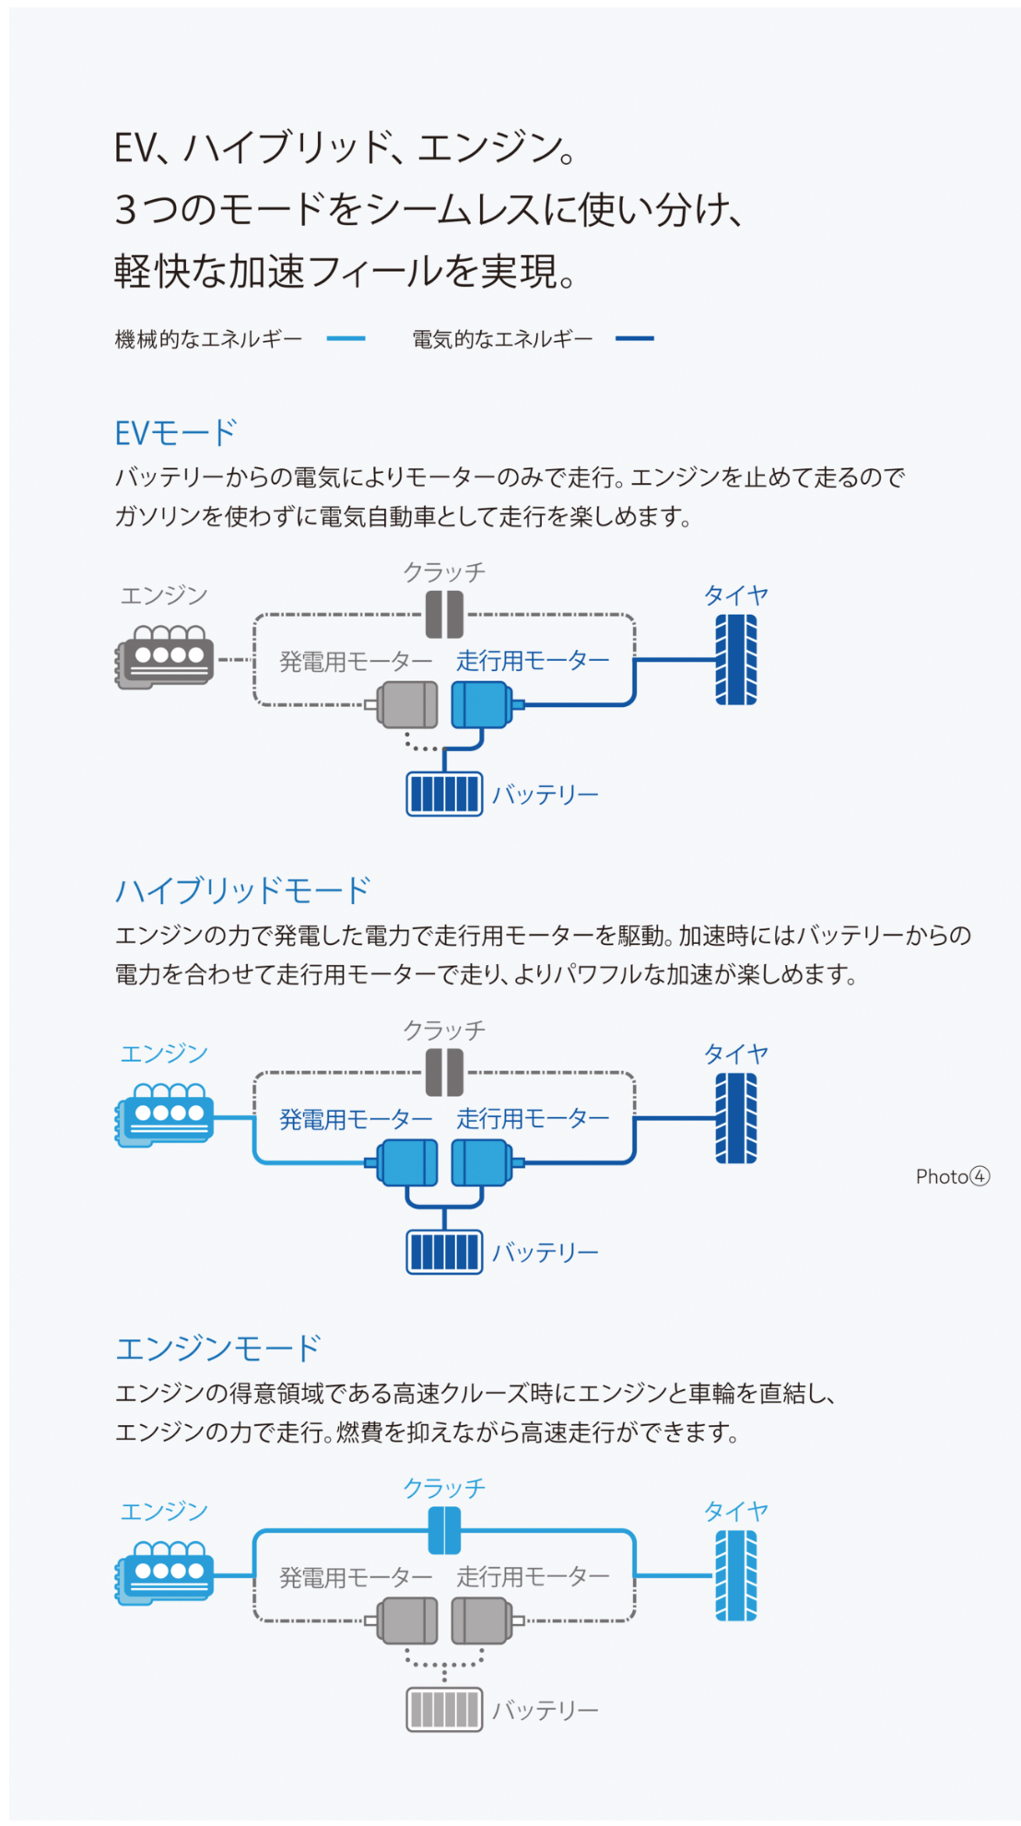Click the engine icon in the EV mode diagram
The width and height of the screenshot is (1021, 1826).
[x=165, y=655]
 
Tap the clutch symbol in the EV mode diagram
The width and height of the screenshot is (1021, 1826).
[x=444, y=615]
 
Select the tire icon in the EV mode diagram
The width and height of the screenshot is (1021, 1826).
[x=736, y=660]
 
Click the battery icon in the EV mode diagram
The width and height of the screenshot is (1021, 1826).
[x=444, y=794]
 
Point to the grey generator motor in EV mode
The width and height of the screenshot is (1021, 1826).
[x=408, y=704]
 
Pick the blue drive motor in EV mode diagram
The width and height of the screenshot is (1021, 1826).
[x=481, y=704]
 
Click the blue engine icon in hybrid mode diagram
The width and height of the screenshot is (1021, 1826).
[x=165, y=1113]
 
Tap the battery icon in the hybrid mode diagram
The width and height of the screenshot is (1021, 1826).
[x=444, y=1252]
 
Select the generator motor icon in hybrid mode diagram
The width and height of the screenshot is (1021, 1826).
[x=408, y=1162]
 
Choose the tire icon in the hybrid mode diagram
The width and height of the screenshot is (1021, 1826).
[x=736, y=1118]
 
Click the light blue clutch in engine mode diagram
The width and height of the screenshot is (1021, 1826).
[x=444, y=1531]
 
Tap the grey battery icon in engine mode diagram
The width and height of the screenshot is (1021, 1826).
[x=444, y=1710]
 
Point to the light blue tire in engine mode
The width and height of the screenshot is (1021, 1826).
[x=736, y=1575]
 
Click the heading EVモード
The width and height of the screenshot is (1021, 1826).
[x=175, y=432]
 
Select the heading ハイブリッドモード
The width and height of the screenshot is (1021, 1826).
[x=242, y=890]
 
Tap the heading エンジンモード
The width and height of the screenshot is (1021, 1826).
[x=217, y=1349]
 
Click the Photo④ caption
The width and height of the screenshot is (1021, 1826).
[x=952, y=1176]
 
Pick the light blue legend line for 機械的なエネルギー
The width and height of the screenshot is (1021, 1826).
[x=346, y=338]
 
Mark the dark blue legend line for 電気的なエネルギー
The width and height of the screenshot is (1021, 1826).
[x=635, y=338]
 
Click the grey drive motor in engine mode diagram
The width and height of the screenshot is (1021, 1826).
[x=481, y=1620]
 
